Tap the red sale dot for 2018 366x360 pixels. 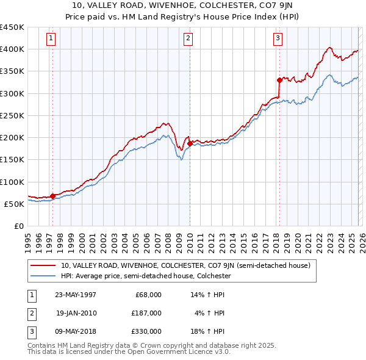click(279, 80)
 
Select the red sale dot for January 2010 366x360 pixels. click(190, 143)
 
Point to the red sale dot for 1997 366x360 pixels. click(53, 196)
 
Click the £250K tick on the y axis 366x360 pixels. click(12, 115)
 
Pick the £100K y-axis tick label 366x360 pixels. click(12, 182)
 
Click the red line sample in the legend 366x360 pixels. click(43, 265)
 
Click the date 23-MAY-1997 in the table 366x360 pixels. click(76, 295)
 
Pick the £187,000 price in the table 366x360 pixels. click(146, 313)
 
